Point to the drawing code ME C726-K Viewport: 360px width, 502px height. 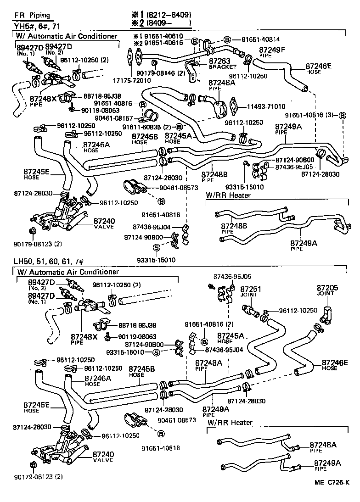[332, 494]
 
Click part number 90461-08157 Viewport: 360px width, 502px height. [113, 118]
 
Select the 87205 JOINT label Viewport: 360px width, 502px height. [327, 290]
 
